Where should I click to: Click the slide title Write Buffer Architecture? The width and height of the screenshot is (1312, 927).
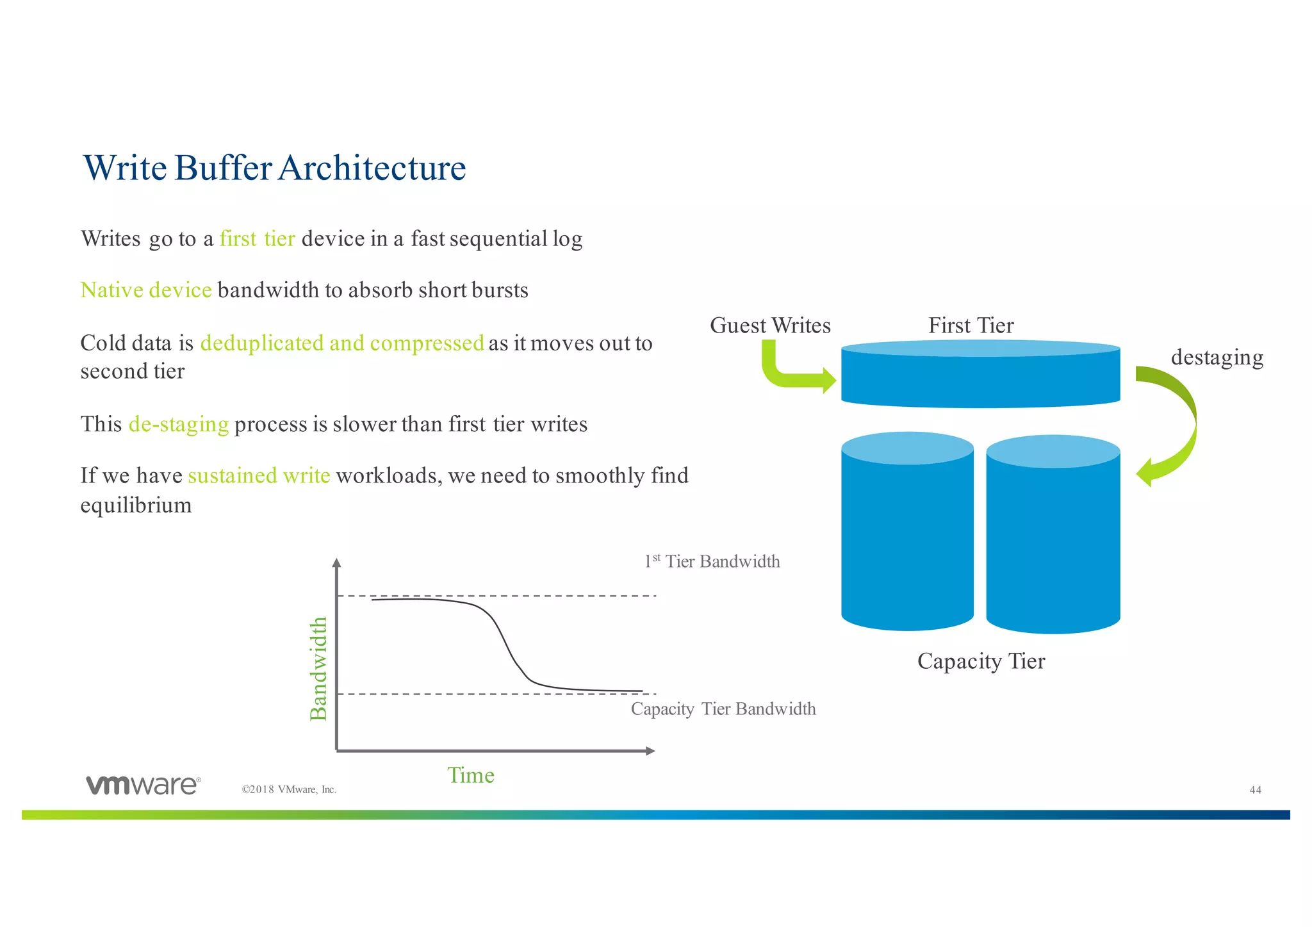click(x=274, y=168)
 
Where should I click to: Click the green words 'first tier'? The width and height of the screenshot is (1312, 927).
click(x=257, y=239)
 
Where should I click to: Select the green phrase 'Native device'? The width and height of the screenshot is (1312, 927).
click(x=146, y=290)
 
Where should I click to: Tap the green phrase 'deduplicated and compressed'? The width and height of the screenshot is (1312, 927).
click(x=341, y=343)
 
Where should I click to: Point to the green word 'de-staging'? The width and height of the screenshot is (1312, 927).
click(x=179, y=424)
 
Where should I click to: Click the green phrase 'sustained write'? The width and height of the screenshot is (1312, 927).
click(x=259, y=476)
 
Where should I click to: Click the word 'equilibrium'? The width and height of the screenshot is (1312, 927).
click(x=136, y=505)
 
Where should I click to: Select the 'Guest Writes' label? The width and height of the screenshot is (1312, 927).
click(x=769, y=325)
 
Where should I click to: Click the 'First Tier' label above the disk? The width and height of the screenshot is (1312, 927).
click(x=971, y=325)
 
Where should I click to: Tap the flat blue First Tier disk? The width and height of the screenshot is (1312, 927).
click(x=980, y=378)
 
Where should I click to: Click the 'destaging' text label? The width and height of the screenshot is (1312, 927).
click(x=1217, y=357)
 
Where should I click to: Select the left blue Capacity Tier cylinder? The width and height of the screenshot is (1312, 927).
click(x=907, y=538)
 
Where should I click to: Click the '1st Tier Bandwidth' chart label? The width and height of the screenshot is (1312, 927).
click(x=712, y=562)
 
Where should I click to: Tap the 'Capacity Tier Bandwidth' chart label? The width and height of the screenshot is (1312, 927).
click(x=723, y=709)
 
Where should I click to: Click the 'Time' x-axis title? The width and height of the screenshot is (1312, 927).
click(x=471, y=776)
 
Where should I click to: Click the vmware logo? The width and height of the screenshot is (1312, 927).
click(x=143, y=785)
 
